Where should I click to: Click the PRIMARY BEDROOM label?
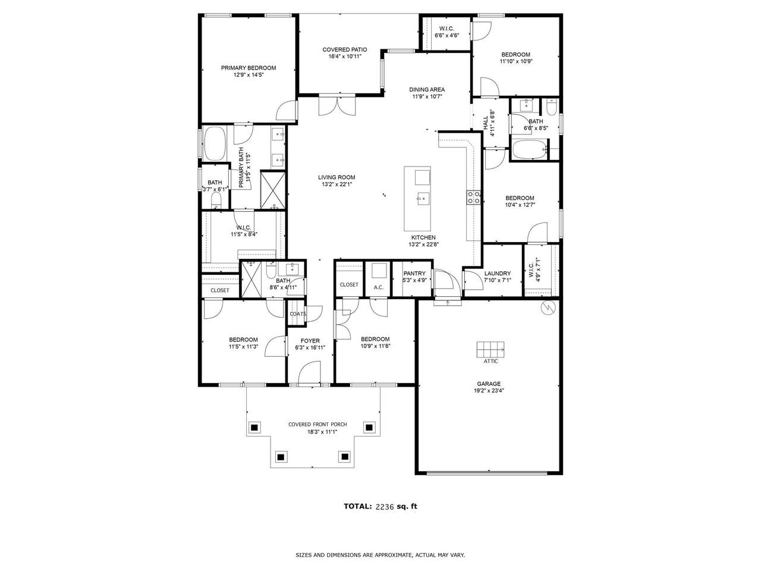(249, 68)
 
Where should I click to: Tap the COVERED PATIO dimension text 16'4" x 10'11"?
(345, 57)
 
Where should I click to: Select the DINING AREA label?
(427, 90)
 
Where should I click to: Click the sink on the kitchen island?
(423, 199)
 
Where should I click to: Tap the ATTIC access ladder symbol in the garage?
(490, 350)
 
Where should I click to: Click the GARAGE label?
(489, 384)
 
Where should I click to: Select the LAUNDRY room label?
(497, 274)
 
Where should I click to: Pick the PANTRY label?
(414, 274)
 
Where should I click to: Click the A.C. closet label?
(378, 287)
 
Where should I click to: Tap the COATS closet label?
(298, 314)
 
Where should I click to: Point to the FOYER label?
(310, 341)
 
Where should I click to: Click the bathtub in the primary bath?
(215, 144)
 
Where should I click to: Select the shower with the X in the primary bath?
(272, 190)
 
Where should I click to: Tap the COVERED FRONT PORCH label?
(317, 424)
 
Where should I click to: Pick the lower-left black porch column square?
(281, 457)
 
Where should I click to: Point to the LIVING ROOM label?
(337, 177)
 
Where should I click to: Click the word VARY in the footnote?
(457, 555)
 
